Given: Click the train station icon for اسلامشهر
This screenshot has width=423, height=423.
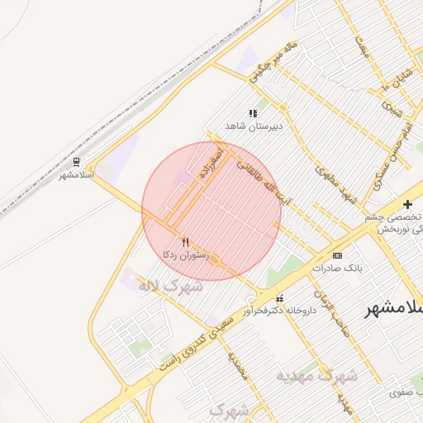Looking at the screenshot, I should tap(77, 162).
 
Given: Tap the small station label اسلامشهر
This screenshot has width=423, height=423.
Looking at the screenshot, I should tap(77, 175).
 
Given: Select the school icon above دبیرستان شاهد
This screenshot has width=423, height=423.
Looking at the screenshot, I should tap(252, 113).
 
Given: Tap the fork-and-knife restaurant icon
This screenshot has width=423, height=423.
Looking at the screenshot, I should tap(185, 242).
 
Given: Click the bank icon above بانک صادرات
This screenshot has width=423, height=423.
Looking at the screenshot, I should tap(337, 255).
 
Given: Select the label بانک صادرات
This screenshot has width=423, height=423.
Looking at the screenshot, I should tap(337, 269).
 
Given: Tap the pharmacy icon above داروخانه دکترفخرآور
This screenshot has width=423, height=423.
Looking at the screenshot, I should tap(279, 297).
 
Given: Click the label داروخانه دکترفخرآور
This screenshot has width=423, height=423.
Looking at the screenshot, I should tap(279, 311).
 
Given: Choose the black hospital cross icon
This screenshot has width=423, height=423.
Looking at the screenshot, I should tap(406, 203).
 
